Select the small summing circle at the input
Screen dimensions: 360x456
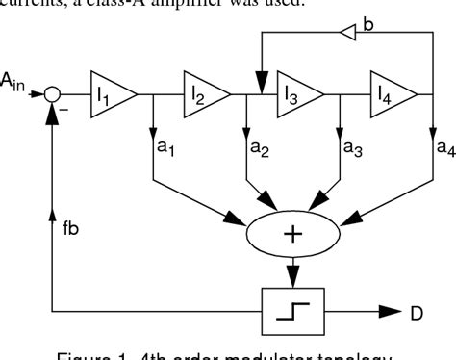tap(54, 94)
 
